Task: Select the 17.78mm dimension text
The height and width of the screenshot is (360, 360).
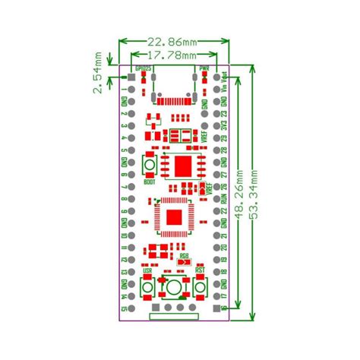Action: pos(172,55)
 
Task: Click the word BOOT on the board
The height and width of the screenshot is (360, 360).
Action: pos(150,183)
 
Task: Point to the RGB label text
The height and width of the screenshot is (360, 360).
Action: pos(183,256)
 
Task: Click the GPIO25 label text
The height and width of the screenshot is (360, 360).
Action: pos(143,69)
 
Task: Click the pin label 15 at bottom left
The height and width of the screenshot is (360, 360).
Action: pos(123,310)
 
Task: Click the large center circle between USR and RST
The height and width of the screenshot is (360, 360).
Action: pos(174,287)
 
